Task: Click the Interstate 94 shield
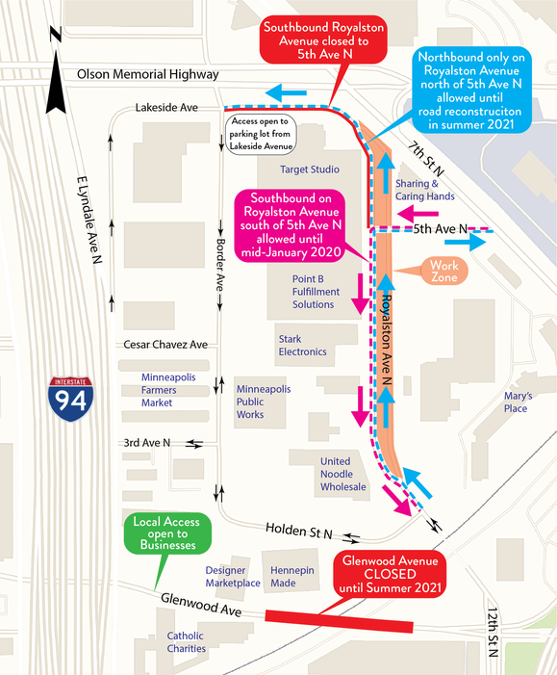[x=71, y=399]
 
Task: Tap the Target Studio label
[x=310, y=169]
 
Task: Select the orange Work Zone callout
[x=443, y=272]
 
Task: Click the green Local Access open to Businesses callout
[x=167, y=533]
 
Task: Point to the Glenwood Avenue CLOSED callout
[x=390, y=574]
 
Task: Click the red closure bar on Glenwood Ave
[x=339, y=621]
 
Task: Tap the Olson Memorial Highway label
[x=148, y=74]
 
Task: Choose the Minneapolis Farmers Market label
[x=168, y=390]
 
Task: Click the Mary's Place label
[x=518, y=402]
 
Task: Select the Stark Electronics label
[x=302, y=346]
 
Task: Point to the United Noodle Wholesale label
[x=342, y=474]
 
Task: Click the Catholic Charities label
[x=187, y=642]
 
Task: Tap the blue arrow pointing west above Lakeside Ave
[x=286, y=93]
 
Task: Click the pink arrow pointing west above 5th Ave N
[x=418, y=214]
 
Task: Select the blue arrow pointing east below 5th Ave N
[x=465, y=242]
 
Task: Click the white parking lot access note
[x=261, y=134]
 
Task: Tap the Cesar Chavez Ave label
[x=165, y=345]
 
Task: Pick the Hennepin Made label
[x=292, y=577]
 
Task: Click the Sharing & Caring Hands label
[x=424, y=190]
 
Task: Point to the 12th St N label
[x=494, y=632]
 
